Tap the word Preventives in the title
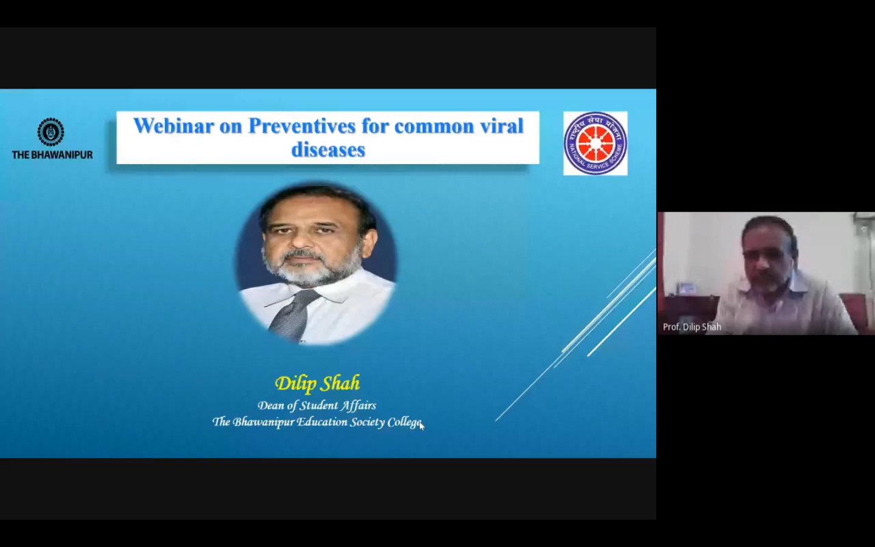click(x=302, y=126)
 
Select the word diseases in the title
click(x=328, y=150)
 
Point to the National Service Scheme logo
click(x=595, y=143)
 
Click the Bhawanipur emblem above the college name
click(x=51, y=132)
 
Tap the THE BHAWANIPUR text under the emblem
click(x=52, y=155)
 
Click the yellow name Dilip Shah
click(x=317, y=383)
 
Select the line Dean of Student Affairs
click(x=317, y=405)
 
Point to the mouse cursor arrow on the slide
click(x=422, y=425)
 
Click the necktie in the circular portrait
click(x=293, y=315)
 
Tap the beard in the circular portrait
click(x=309, y=270)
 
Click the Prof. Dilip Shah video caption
click(x=691, y=327)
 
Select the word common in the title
click(x=434, y=126)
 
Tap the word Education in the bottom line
click(x=321, y=422)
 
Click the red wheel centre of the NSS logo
click(x=595, y=144)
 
